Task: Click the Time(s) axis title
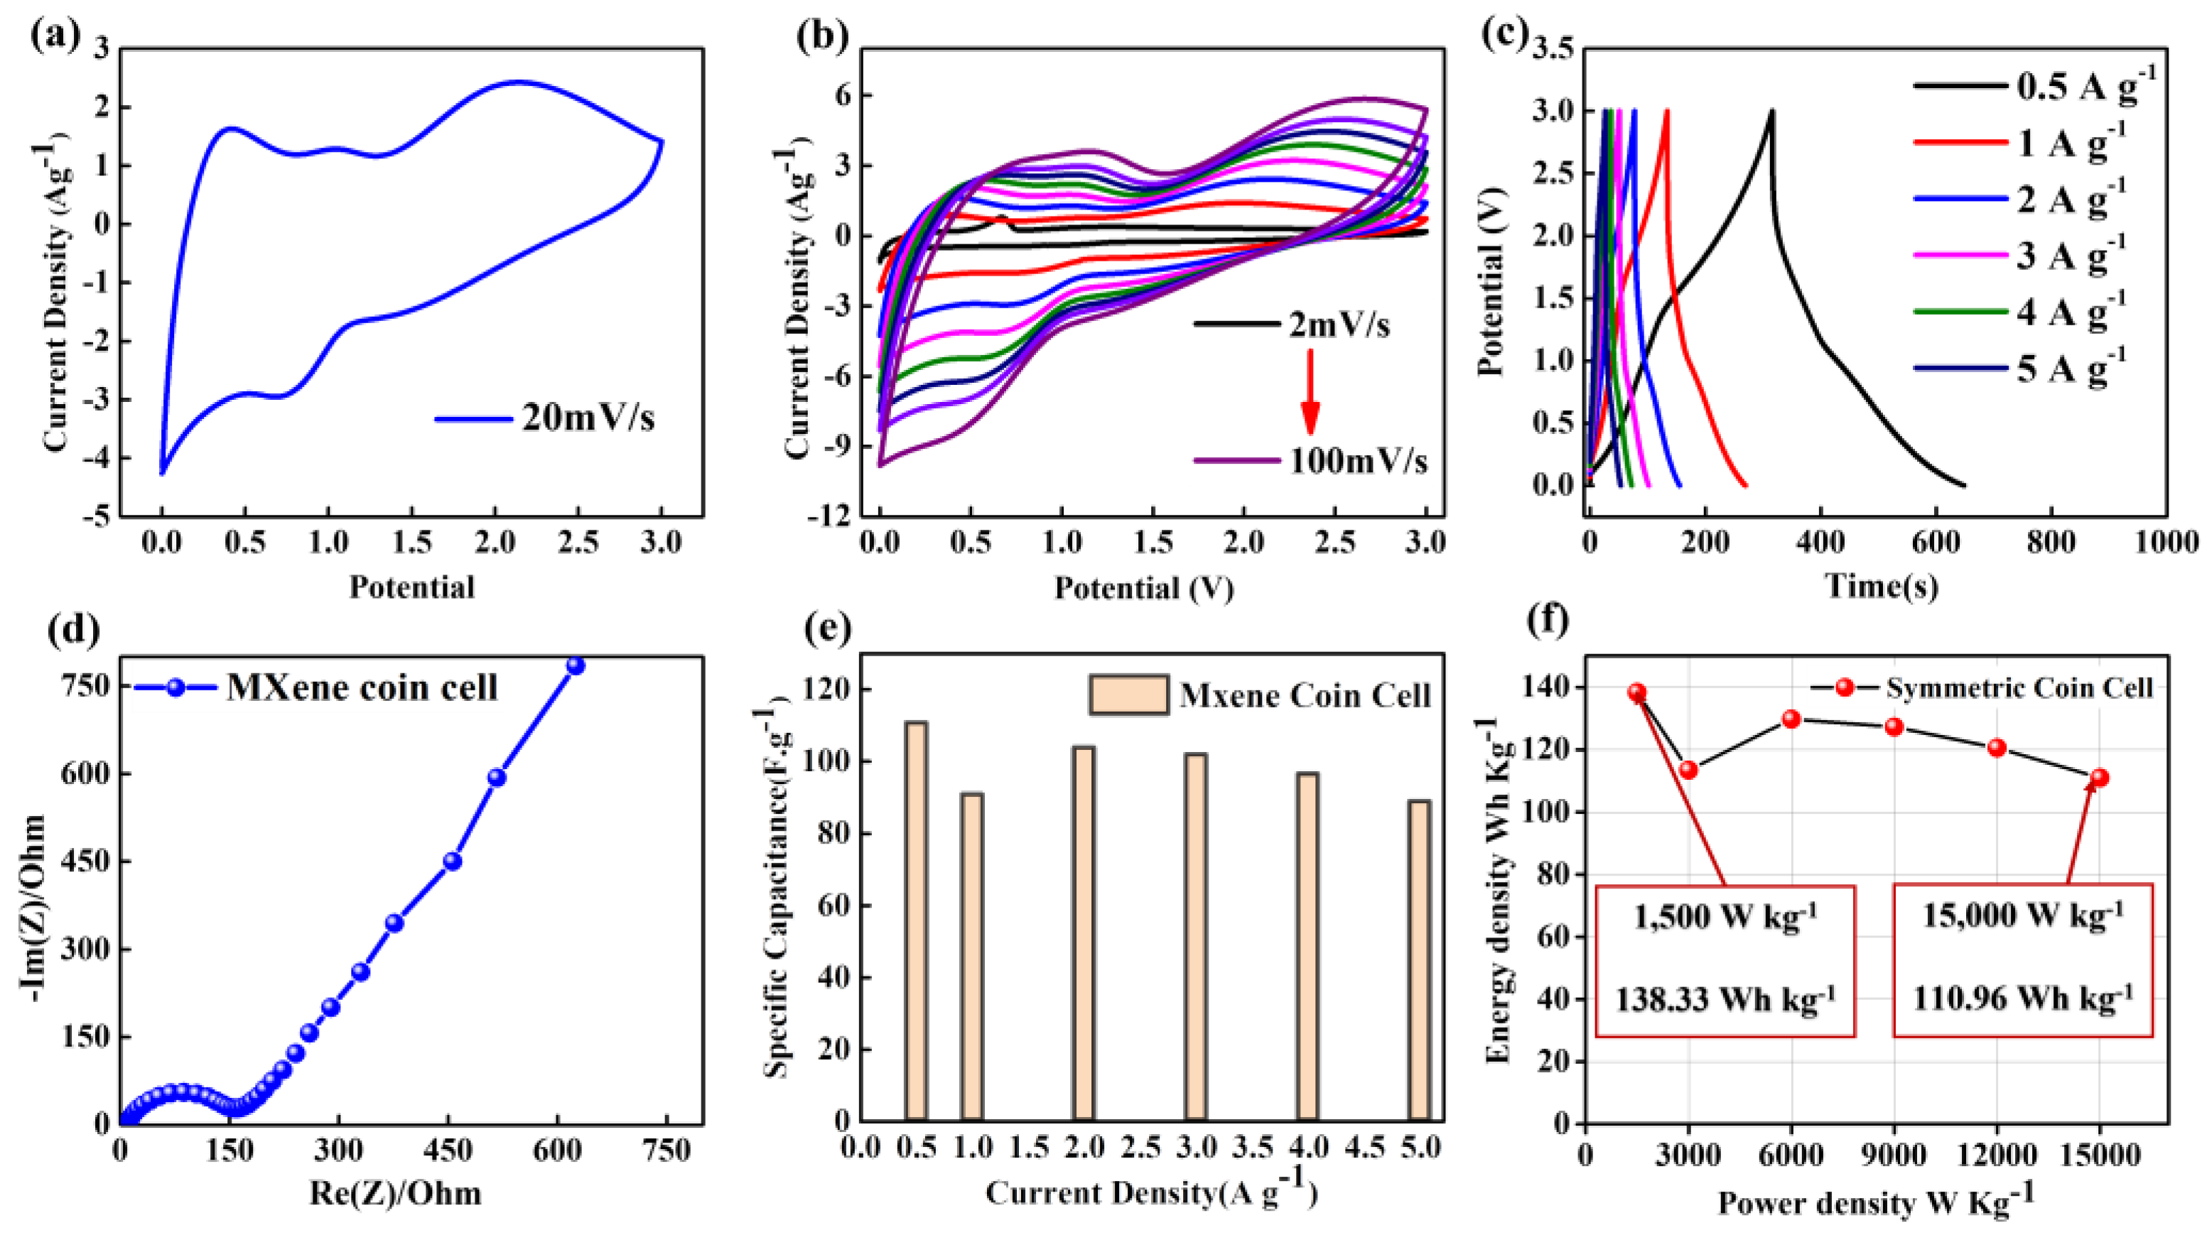tap(1882, 587)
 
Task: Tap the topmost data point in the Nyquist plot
tap(576, 665)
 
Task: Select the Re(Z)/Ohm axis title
tap(395, 1193)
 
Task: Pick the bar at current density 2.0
tap(1084, 934)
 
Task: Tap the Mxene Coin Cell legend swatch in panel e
tap(1128, 695)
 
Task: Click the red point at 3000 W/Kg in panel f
tap(1688, 770)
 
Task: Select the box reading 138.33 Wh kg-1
tap(1725, 960)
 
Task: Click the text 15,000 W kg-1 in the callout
tap(2022, 915)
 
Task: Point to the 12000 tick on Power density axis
tap(1996, 1155)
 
